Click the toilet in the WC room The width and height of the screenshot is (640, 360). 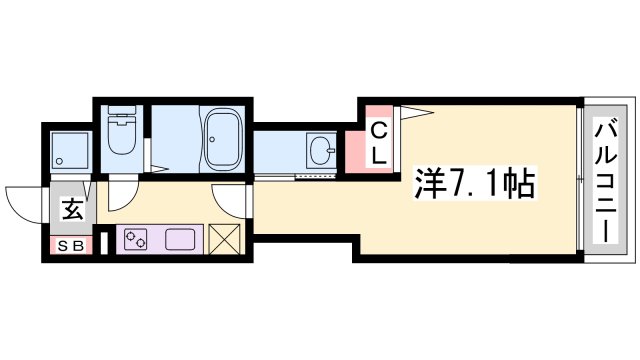click(121, 137)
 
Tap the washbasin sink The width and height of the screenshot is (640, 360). click(322, 153)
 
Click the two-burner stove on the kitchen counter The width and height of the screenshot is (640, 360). click(134, 240)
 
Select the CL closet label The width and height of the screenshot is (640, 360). click(380, 142)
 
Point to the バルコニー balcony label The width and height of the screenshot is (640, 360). click(604, 181)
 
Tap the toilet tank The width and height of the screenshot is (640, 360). click(121, 115)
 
